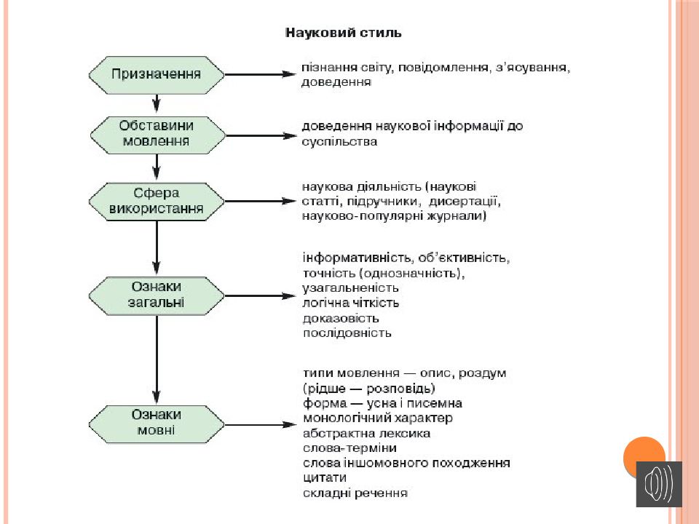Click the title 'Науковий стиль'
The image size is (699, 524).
[343, 33]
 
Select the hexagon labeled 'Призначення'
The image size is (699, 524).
[157, 75]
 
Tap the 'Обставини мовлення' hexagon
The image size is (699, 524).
[157, 135]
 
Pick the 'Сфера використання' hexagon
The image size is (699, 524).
[157, 202]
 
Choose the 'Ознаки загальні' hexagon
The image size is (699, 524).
[157, 295]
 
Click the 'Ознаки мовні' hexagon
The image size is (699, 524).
[157, 424]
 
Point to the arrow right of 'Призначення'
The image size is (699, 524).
[261, 74]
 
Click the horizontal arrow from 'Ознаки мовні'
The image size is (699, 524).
[261, 424]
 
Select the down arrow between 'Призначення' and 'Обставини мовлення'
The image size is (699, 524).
[156, 103]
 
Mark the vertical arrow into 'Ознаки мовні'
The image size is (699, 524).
[157, 359]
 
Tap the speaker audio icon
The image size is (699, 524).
[659, 484]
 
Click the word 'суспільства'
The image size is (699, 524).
[340, 142]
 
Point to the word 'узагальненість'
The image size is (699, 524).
[351, 288]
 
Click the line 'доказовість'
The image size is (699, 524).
[341, 318]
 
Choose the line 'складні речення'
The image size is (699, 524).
[355, 493]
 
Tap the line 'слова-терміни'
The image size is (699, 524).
[350, 448]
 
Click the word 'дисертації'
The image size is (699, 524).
[465, 202]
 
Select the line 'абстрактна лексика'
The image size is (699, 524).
[366, 433]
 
